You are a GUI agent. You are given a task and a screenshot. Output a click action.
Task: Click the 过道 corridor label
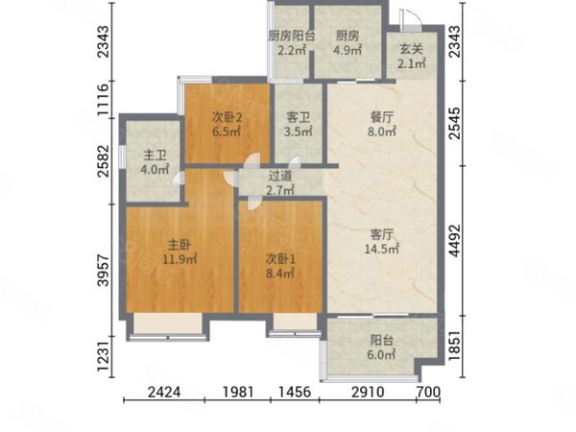(280, 176)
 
